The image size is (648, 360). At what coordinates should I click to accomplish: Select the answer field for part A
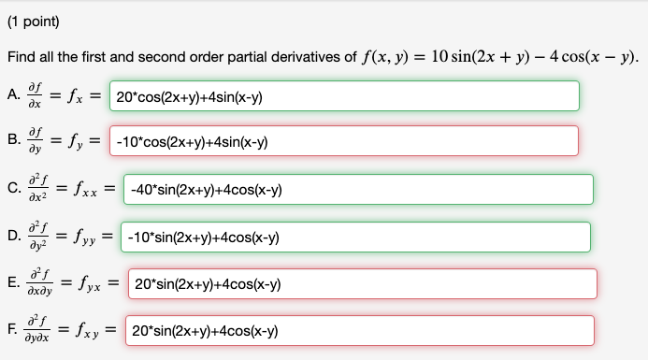point(344,96)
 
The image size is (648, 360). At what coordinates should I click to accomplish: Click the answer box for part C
point(359,189)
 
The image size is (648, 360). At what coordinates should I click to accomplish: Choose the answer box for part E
point(362,283)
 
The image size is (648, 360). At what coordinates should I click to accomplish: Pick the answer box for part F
point(360,330)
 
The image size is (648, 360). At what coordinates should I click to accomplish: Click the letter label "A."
point(13,95)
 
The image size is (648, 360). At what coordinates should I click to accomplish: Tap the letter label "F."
point(12,330)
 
